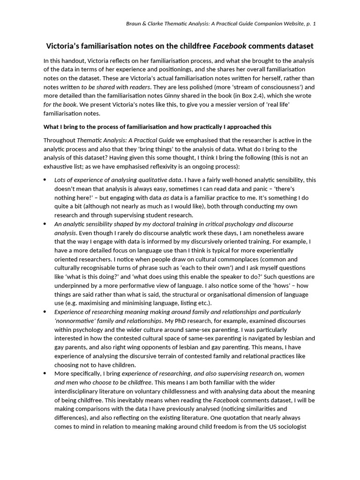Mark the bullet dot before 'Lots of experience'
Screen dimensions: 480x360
tap(45, 180)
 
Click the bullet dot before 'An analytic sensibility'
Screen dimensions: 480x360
tap(45, 224)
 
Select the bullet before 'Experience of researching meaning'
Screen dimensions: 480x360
tap(45, 312)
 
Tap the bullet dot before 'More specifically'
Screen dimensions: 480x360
tap(45, 374)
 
